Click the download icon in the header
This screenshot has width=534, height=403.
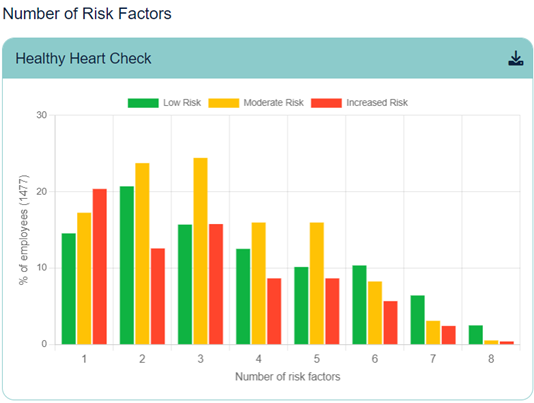(x=515, y=58)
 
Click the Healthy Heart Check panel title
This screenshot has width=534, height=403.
(x=83, y=58)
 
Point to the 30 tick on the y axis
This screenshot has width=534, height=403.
(x=41, y=115)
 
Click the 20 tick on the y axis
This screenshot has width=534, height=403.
(x=41, y=191)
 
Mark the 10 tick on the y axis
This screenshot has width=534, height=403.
(x=41, y=268)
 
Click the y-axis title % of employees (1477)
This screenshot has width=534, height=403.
(x=23, y=229)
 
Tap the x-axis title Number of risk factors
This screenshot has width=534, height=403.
(x=288, y=377)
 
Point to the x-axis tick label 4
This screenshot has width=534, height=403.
(x=259, y=358)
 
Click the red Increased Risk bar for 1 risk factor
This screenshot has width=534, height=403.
(x=99, y=266)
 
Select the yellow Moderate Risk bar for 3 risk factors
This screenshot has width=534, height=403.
(x=200, y=250)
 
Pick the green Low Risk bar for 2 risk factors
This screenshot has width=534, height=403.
(x=127, y=265)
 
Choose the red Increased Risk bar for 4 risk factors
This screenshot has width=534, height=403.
(x=273, y=311)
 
